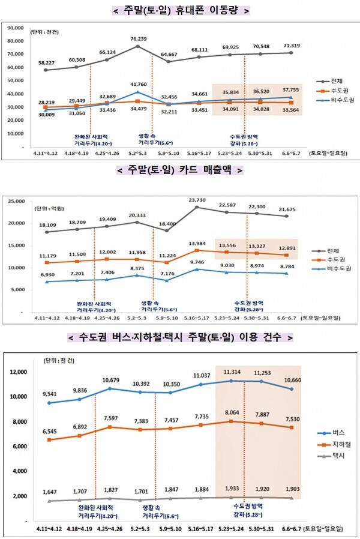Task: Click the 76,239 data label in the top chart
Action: [138, 38]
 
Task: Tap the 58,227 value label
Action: [46, 62]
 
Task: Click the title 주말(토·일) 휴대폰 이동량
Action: [180, 10]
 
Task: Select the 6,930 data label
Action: [46, 274]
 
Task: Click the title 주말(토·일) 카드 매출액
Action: [180, 170]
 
